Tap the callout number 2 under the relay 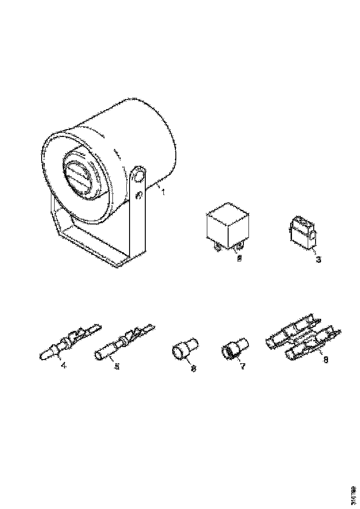239,259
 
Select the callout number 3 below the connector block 318,259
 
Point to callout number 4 63,366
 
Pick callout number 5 117,366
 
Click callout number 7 242,366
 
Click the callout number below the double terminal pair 325,360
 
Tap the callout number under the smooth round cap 193,368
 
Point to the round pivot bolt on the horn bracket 138,175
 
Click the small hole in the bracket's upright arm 137,196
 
